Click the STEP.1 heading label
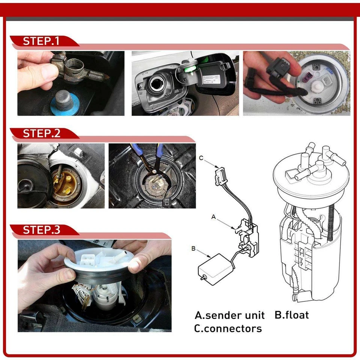point(41,41)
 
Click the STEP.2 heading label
point(41,133)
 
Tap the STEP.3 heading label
point(41,229)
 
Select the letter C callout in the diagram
point(201,158)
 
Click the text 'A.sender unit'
point(229,315)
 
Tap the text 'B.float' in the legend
point(292,315)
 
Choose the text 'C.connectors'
point(228,329)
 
